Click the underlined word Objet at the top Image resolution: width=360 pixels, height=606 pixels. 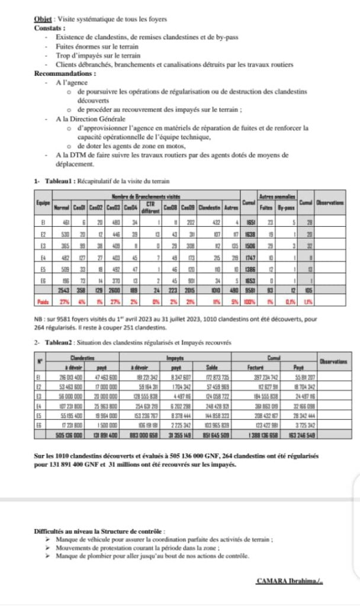tap(43, 19)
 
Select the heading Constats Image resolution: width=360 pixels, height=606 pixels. tap(49, 28)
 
